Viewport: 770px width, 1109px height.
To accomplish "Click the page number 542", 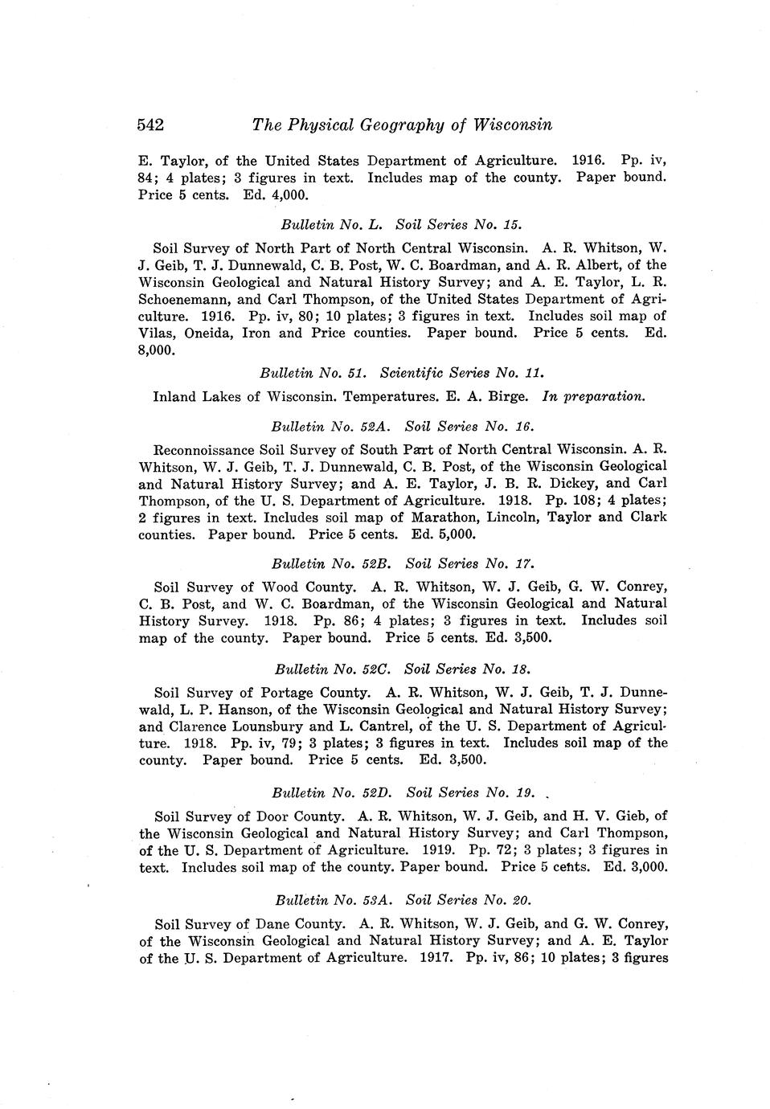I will [x=151, y=125].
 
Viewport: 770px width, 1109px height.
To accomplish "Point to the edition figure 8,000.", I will [x=157, y=351].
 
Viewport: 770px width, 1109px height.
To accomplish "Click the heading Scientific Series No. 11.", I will [x=462, y=373].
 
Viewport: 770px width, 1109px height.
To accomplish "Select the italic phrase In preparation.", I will [x=594, y=396].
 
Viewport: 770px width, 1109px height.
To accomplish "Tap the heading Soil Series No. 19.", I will [x=471, y=793].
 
